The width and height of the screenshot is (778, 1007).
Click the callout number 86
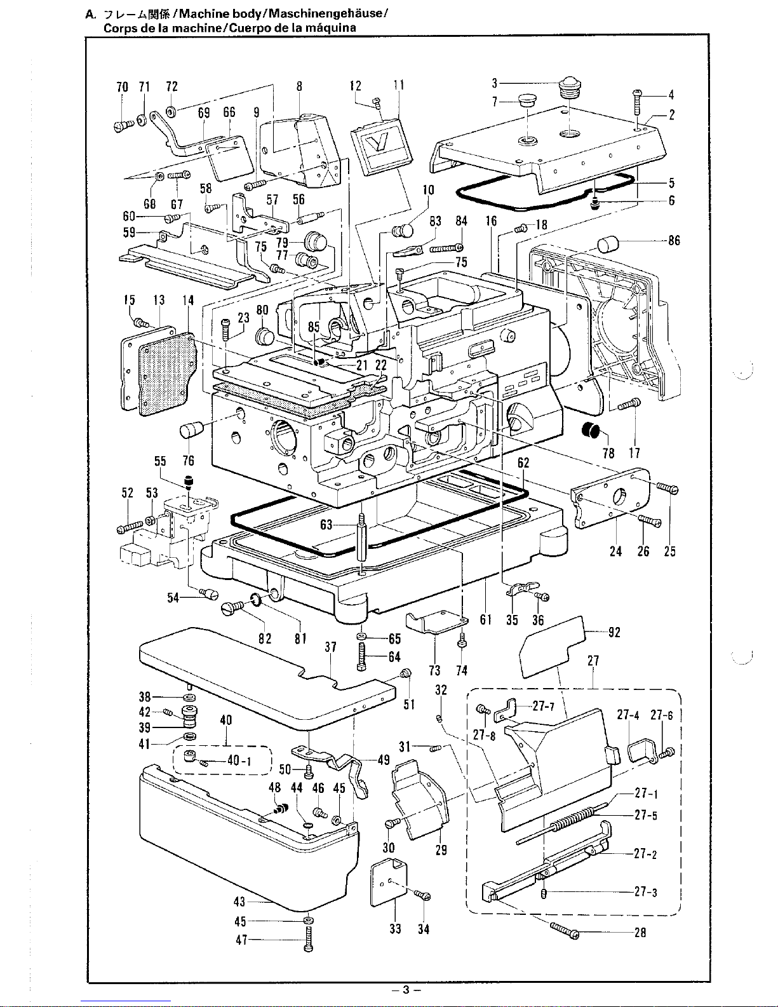[674, 240]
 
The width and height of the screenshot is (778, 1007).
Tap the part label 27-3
[645, 891]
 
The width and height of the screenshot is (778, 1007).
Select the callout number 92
[614, 632]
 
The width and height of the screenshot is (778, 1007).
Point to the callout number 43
[239, 902]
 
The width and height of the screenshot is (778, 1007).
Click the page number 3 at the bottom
[406, 990]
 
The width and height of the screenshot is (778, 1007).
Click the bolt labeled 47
[309, 938]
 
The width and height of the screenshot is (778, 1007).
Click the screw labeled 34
[422, 895]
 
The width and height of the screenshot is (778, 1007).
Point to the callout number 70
[122, 86]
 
